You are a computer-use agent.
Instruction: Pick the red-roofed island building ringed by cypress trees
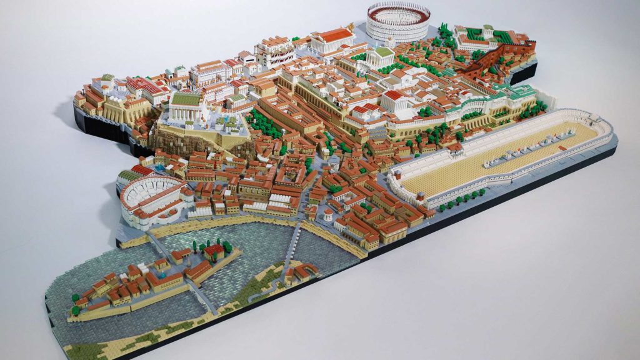(214, 251)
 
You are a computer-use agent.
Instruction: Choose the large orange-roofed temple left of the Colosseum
(331, 40)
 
